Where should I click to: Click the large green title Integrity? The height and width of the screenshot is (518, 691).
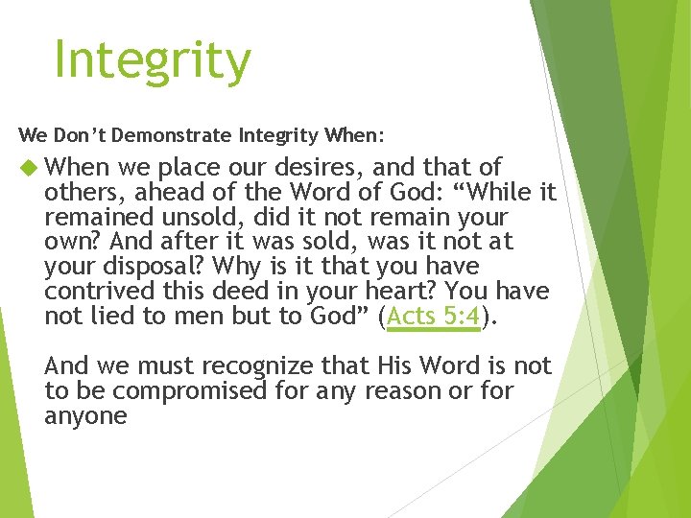point(153,61)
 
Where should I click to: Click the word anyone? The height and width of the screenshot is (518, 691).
point(85,416)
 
